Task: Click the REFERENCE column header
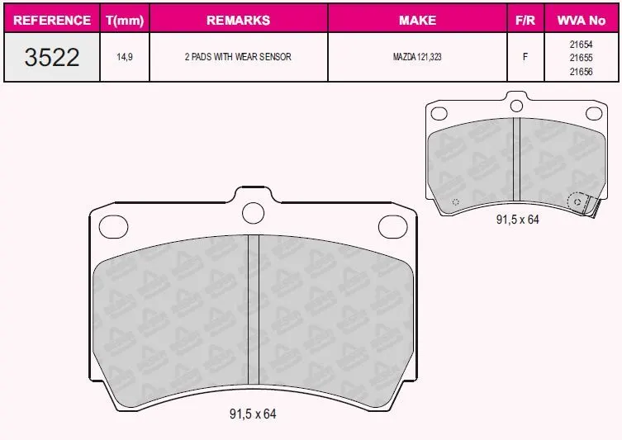click(52, 20)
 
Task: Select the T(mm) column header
click(125, 20)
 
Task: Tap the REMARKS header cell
click(239, 20)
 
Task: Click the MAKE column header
click(417, 20)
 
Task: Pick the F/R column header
click(525, 20)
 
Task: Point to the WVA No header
click(582, 20)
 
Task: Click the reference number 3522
click(52, 57)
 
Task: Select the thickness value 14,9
click(125, 57)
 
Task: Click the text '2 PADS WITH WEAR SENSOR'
click(238, 57)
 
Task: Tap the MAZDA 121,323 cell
click(417, 57)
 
